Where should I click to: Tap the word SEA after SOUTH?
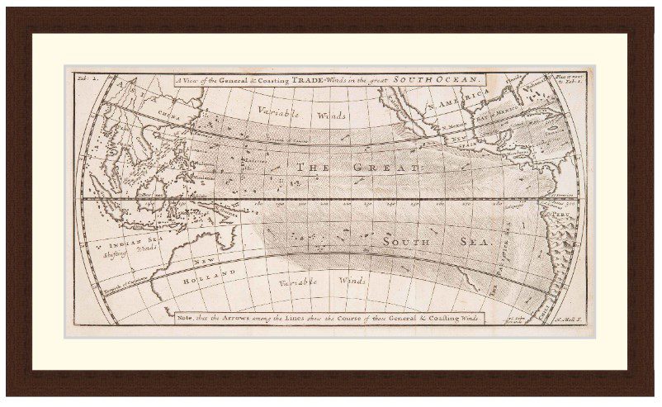click(477, 244)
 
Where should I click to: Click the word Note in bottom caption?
click(187, 317)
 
